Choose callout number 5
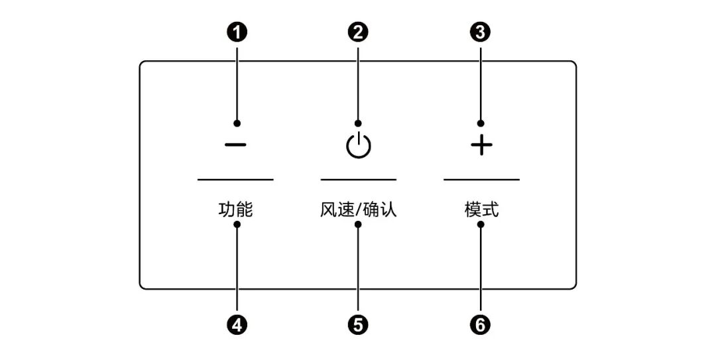pos(358,324)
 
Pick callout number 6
pos(481,324)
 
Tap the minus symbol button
pos(235,145)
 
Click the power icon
pos(358,145)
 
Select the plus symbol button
pos(481,146)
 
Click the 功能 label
pos(235,211)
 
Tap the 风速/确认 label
pos(358,211)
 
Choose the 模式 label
pos(481,211)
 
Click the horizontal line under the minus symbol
pos(235,179)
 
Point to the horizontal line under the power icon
pos(358,179)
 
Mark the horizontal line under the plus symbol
pos(481,179)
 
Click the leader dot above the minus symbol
pos(236,123)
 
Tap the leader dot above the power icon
pos(358,123)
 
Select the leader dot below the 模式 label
pos(481,225)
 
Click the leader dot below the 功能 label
pos(236,225)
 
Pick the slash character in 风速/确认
pos(358,211)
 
